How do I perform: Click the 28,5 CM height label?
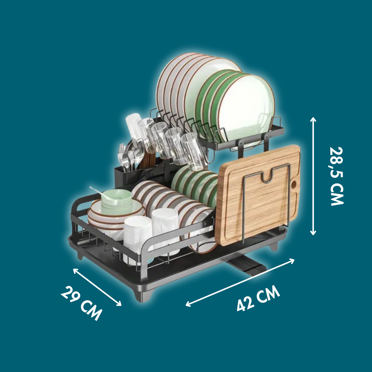click(337, 176)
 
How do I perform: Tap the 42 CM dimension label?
click(259, 298)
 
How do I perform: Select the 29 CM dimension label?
click(81, 303)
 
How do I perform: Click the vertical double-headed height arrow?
click(313, 176)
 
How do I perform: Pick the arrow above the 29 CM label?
click(97, 287)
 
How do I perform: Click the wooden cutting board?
click(257, 195)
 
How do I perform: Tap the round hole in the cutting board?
click(294, 183)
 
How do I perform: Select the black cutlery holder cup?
click(126, 177)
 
